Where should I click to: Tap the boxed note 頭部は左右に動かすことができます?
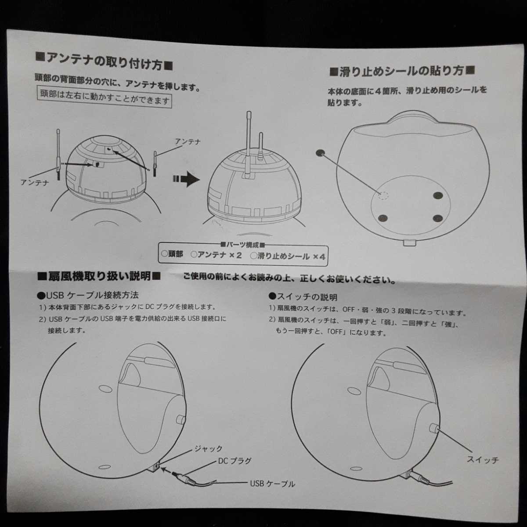105,97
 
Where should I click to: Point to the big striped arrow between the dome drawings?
186,179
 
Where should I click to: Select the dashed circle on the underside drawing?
383,195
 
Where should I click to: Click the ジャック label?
209,449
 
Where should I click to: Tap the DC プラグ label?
235,462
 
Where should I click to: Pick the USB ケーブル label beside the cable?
272,484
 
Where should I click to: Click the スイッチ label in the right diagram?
483,460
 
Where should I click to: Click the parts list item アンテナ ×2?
217,255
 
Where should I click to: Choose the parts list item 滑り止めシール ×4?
288,256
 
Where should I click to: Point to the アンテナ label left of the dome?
35,182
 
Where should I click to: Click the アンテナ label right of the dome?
188,141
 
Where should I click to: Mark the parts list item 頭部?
172,254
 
